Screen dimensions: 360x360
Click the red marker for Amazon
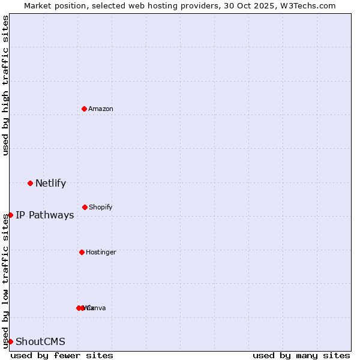click(x=84, y=109)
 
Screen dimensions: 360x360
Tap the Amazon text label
click(x=101, y=109)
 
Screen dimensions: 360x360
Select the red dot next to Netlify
click(x=30, y=183)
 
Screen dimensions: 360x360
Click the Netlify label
click(x=50, y=184)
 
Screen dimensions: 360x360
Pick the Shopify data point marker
click(x=85, y=207)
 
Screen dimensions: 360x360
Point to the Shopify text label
click(x=101, y=208)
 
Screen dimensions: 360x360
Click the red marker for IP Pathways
click(x=10, y=215)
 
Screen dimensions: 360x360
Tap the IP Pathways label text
click(x=45, y=215)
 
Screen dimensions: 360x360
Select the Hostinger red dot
click(x=82, y=252)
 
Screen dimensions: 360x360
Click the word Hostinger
click(x=101, y=253)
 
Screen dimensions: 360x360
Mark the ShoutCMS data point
click(x=10, y=341)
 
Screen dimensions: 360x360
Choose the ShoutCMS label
click(x=40, y=342)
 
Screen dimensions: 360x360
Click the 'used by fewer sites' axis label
click(x=62, y=355)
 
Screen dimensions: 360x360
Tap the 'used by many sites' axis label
click(x=301, y=355)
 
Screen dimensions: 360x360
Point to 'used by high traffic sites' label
click(x=5, y=85)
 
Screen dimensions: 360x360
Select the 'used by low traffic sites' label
click(x=5, y=287)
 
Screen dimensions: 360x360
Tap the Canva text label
click(x=97, y=308)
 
